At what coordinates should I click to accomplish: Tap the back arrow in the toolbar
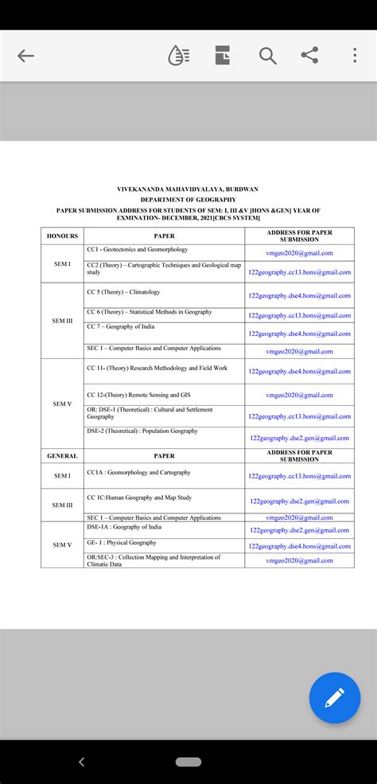click(25, 56)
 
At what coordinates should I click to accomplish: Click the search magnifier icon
click(267, 56)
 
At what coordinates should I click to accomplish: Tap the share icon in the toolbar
click(309, 56)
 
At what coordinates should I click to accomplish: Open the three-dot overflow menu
click(355, 56)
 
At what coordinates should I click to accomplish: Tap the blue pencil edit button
click(334, 697)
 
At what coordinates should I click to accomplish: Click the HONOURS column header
click(63, 236)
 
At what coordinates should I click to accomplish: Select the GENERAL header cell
click(63, 456)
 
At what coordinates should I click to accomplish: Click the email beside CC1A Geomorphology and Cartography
click(299, 476)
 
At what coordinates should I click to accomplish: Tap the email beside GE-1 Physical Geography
click(299, 546)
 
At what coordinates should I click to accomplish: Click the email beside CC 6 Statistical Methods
click(299, 316)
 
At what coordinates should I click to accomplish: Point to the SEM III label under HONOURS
click(63, 321)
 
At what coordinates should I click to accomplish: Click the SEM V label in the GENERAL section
click(63, 544)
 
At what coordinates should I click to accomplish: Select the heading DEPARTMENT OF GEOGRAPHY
click(188, 200)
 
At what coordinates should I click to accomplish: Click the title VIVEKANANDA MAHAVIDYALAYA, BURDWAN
click(188, 189)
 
